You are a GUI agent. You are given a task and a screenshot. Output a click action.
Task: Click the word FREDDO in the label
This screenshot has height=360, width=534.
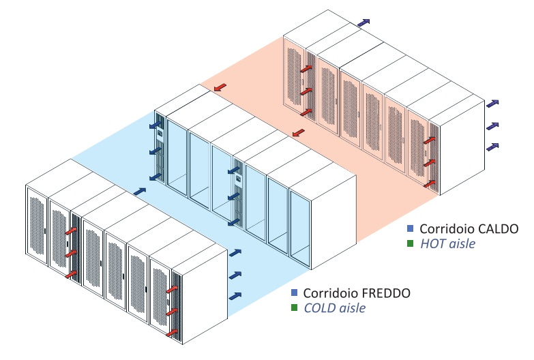click(x=383, y=293)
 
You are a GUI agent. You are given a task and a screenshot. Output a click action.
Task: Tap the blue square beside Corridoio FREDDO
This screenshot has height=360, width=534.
click(x=294, y=293)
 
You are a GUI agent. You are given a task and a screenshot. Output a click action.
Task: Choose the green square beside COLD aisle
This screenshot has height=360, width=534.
click(x=294, y=307)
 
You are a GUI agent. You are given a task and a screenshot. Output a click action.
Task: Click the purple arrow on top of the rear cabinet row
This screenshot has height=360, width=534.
click(x=366, y=22)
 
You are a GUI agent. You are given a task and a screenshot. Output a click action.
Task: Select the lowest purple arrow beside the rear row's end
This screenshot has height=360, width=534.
click(x=492, y=146)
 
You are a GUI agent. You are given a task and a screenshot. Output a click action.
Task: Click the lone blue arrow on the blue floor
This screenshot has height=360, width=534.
click(x=140, y=192)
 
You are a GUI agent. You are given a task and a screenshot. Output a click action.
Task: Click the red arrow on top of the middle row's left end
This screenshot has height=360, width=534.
click(x=220, y=88)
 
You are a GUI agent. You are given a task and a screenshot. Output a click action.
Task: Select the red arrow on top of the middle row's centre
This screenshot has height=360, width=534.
click(x=298, y=133)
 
